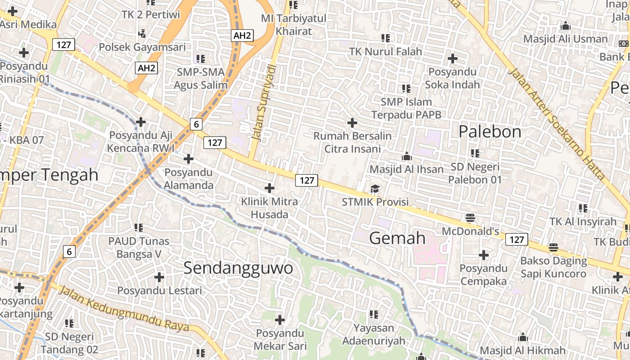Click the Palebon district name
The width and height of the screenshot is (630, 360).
(x=490, y=131)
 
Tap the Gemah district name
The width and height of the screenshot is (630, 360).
(x=397, y=238)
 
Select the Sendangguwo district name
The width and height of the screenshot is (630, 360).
(x=238, y=268)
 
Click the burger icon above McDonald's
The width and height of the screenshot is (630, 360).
(x=470, y=218)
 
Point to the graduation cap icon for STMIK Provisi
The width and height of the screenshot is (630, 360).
(x=375, y=189)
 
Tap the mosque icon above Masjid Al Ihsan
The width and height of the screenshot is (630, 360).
(x=407, y=156)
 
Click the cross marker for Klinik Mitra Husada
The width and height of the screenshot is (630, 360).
(x=270, y=188)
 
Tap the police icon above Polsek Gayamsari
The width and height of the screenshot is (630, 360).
(x=142, y=33)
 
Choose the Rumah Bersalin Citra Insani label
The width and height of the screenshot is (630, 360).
(x=352, y=142)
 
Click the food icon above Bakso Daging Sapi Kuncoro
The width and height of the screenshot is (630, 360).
(x=553, y=247)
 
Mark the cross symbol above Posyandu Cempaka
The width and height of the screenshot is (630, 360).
(x=484, y=255)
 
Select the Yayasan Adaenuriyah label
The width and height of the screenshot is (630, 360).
(x=373, y=334)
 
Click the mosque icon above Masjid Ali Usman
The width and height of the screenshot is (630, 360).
(x=566, y=26)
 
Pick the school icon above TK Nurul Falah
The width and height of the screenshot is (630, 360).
(x=386, y=38)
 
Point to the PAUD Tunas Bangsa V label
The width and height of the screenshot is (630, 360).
(x=139, y=247)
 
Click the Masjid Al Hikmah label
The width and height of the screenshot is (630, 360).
(x=522, y=351)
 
